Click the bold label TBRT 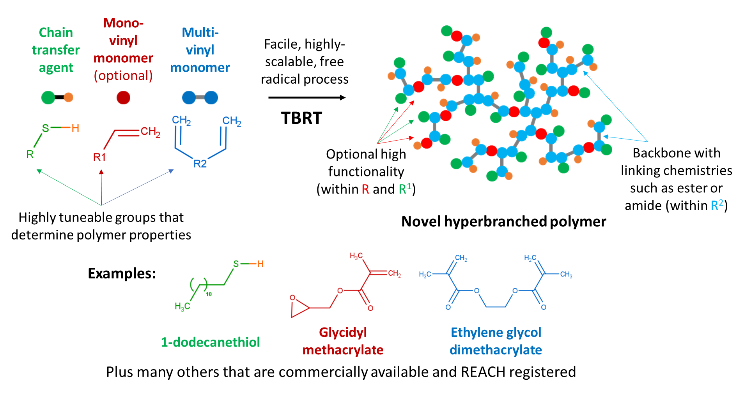(x=301, y=118)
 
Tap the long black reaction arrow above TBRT (x=306, y=97)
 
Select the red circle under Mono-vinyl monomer (x=123, y=97)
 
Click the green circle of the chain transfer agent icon (x=48, y=97)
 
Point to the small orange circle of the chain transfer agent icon (x=69, y=97)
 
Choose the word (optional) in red (x=123, y=76)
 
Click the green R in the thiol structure (x=30, y=155)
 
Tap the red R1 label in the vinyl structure (x=99, y=157)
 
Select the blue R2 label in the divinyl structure (x=200, y=164)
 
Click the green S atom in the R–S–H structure (x=46, y=128)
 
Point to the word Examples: (x=122, y=273)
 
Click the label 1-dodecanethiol (x=210, y=342)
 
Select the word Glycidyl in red (x=343, y=332)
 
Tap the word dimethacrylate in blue (x=496, y=350)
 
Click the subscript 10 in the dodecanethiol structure (x=209, y=294)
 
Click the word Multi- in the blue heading (x=200, y=32)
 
